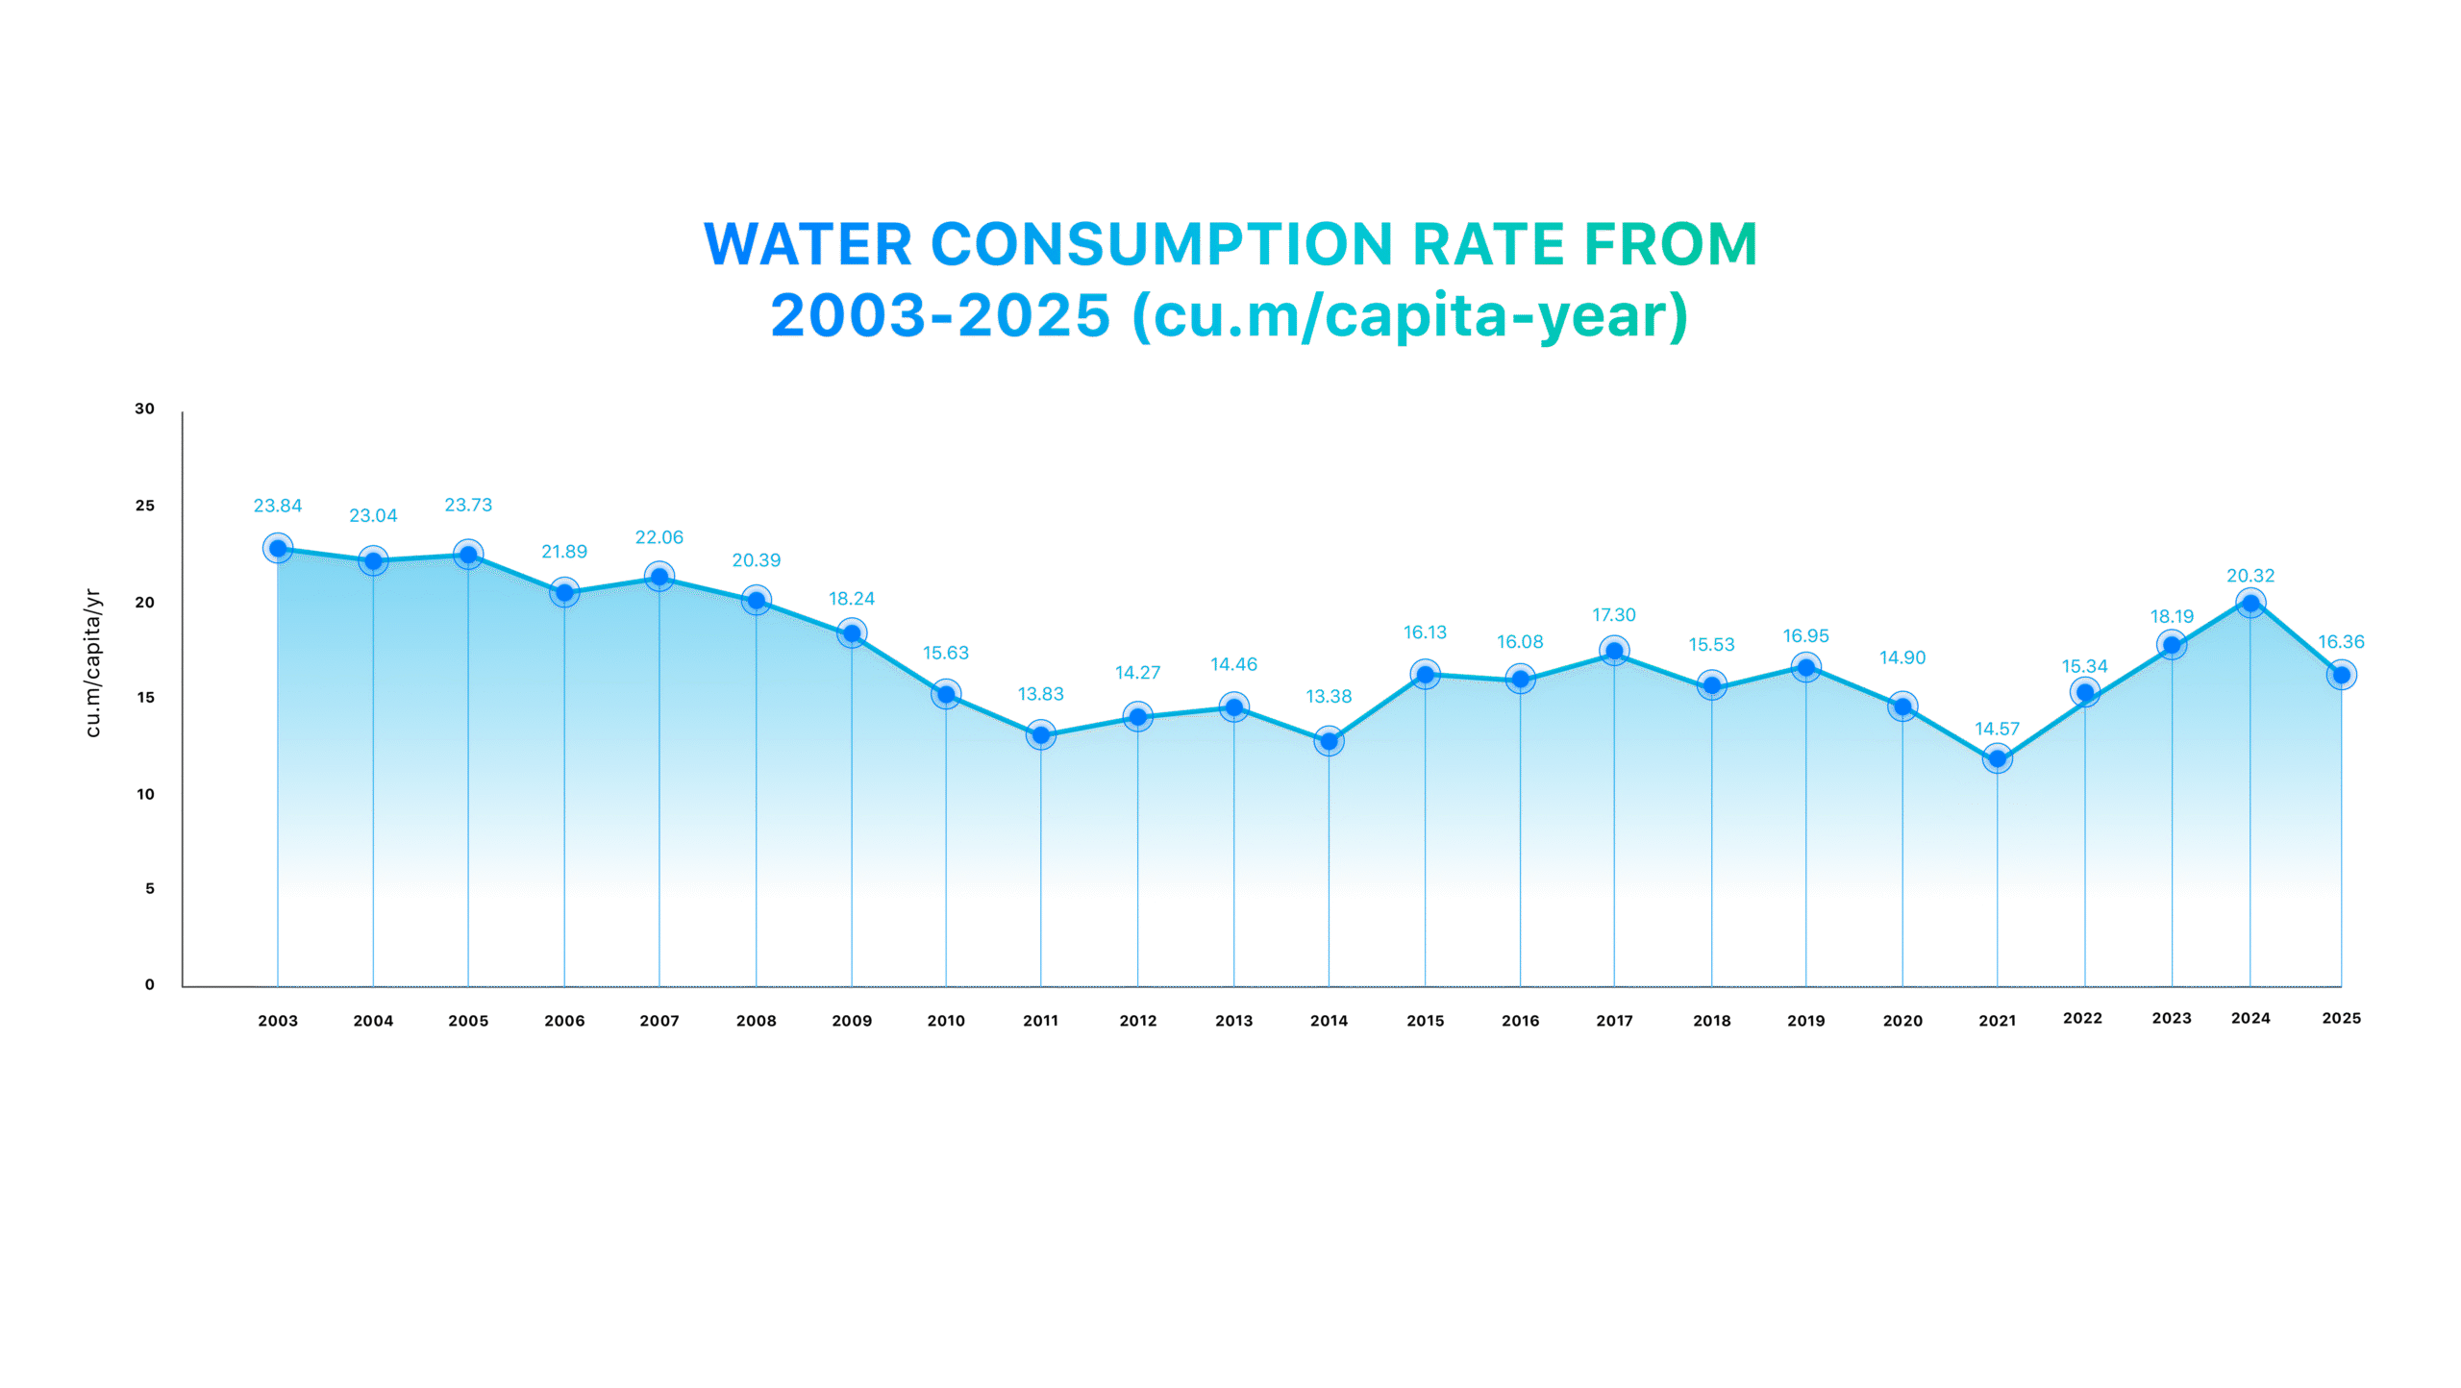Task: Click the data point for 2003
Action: coord(278,548)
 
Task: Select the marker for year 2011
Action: coord(1041,735)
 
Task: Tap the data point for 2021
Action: coord(1998,759)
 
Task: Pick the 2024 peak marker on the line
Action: coord(2250,603)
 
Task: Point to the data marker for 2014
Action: coord(1329,741)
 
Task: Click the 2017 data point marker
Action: coord(1615,651)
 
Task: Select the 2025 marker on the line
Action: coord(2343,675)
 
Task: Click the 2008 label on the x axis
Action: coord(757,1021)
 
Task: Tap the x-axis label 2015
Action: coord(1426,1021)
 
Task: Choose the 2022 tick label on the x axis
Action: coord(2082,1018)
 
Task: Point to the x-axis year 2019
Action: coord(1806,1021)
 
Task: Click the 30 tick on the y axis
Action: coord(145,409)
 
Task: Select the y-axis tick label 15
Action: coord(145,697)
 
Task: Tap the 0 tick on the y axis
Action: coord(150,984)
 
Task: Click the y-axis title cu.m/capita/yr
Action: coord(93,663)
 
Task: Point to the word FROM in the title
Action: coord(1671,244)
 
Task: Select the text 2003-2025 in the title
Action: coord(940,315)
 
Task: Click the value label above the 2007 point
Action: coord(659,537)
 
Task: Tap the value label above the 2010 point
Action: coord(946,653)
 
